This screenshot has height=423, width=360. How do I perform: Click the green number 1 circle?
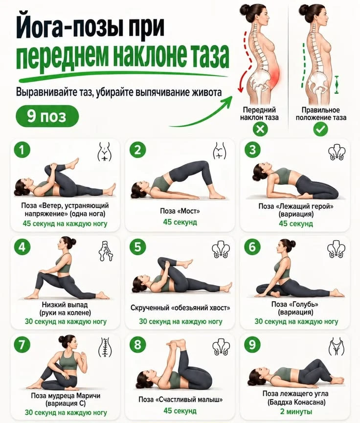(x=22, y=150)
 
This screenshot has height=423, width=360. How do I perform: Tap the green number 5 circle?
(x=137, y=247)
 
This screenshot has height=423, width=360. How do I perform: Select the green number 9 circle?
(x=252, y=344)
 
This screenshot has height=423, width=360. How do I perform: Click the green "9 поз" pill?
(x=47, y=116)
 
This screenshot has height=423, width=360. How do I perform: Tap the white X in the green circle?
(x=260, y=129)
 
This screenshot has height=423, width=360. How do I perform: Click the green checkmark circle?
(x=320, y=129)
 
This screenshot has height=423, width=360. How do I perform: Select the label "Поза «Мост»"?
(x=180, y=211)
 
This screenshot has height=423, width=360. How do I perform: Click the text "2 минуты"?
(x=296, y=412)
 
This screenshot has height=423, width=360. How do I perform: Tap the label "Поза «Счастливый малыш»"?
(x=180, y=400)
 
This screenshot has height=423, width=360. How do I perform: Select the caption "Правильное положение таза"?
(x=321, y=113)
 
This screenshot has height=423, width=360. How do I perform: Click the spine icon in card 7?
(x=105, y=347)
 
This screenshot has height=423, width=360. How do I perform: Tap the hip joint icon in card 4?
(x=106, y=251)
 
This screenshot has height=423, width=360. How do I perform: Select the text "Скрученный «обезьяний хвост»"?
(x=180, y=308)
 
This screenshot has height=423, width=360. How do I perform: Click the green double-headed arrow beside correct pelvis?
(x=336, y=85)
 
